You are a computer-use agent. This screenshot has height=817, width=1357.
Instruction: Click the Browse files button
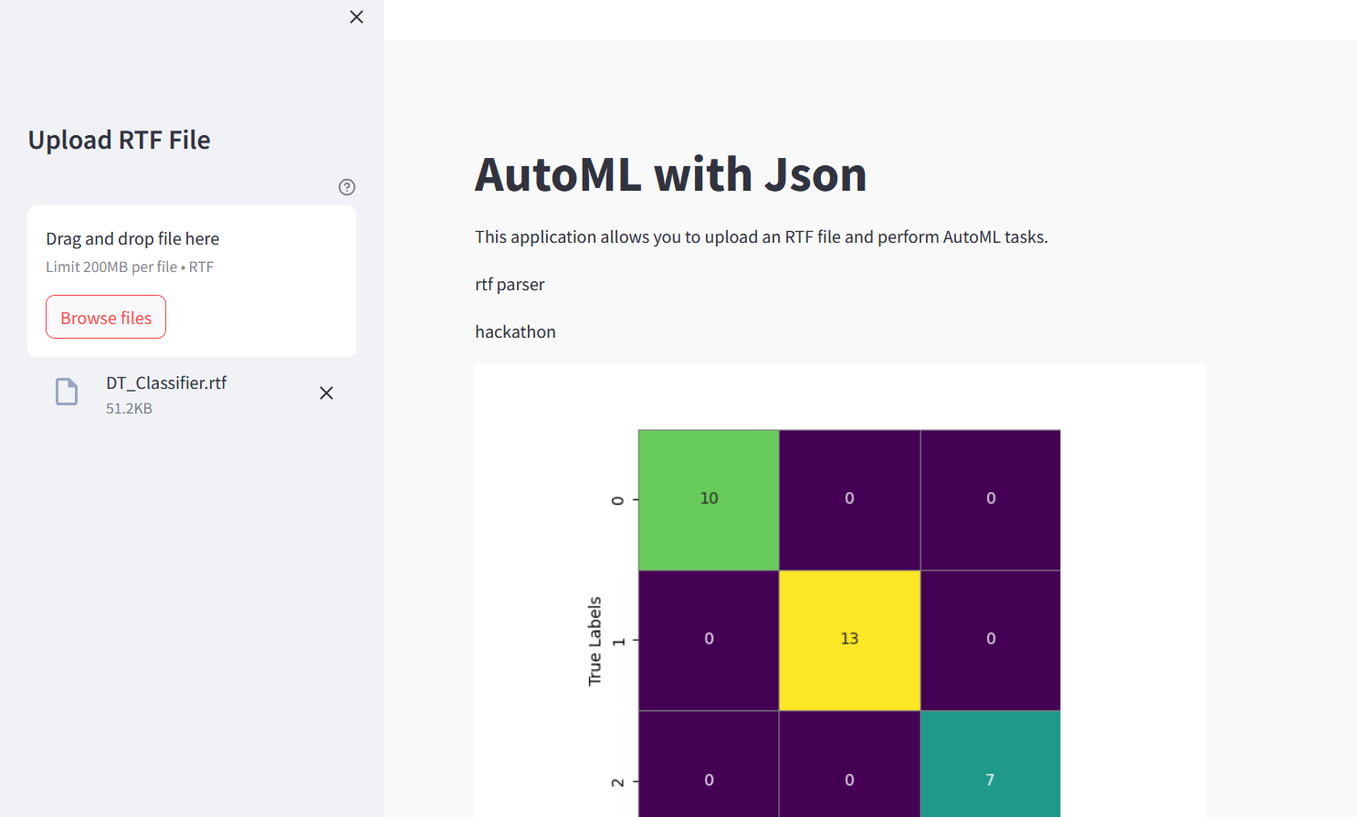pyautogui.click(x=106, y=317)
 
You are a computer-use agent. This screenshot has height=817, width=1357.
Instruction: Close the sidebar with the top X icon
pyautogui.click(x=356, y=17)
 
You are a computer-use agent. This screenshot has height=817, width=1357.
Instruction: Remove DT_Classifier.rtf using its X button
pyautogui.click(x=326, y=393)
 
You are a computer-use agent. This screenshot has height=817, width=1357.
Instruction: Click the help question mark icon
pyautogui.click(x=347, y=187)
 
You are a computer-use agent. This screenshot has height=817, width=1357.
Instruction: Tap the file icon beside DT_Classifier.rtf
pyautogui.click(x=67, y=392)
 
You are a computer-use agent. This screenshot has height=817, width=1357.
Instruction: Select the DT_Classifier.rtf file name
pyautogui.click(x=166, y=383)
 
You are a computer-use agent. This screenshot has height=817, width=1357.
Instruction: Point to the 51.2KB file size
pyautogui.click(x=129, y=409)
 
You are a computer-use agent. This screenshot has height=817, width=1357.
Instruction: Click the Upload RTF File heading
pyautogui.click(x=119, y=140)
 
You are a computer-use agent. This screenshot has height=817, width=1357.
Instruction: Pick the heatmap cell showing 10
pyautogui.click(x=709, y=499)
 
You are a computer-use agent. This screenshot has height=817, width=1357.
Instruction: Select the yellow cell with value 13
pyautogui.click(x=849, y=640)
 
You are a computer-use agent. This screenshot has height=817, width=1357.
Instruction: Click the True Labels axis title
pyautogui.click(x=594, y=641)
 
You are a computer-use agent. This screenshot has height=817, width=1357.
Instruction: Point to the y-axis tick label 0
pyautogui.click(x=618, y=500)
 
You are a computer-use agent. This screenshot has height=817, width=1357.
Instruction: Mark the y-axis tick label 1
pyautogui.click(x=618, y=642)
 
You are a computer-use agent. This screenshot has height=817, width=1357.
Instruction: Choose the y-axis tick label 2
pyautogui.click(x=618, y=782)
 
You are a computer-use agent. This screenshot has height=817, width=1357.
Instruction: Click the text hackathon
pyautogui.click(x=515, y=332)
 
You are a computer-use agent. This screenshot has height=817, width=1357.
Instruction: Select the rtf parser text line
pyautogui.click(x=510, y=285)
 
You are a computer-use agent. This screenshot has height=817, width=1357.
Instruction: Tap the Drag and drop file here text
pyautogui.click(x=132, y=239)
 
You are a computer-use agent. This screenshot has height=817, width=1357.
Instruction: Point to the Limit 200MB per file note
pyautogui.click(x=130, y=267)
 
